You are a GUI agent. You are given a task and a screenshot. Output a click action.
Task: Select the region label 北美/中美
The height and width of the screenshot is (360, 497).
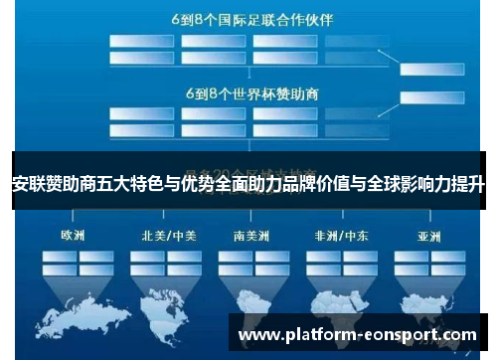click(x=165, y=236)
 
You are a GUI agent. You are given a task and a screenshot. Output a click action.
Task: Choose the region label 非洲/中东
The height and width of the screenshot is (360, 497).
click(x=342, y=236)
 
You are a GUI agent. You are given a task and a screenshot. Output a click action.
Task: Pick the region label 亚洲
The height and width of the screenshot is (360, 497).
click(x=428, y=236)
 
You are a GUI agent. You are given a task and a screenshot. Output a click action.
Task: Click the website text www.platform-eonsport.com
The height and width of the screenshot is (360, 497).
click(x=358, y=335)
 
